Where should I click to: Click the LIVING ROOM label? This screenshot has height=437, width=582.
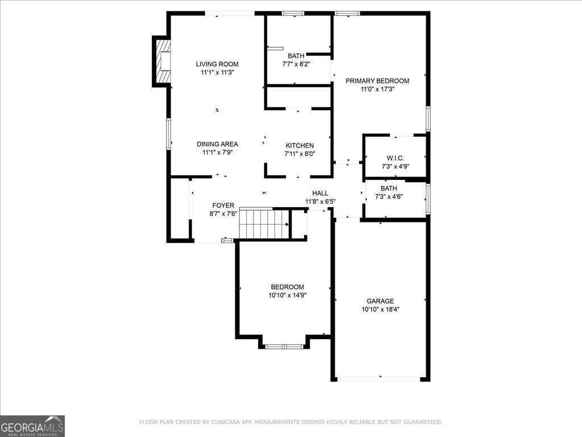coord(217,64)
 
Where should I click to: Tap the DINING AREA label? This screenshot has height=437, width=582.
coord(217,144)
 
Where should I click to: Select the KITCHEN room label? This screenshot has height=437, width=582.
coord(300,146)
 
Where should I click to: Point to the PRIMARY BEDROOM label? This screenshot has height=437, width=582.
coord(377,81)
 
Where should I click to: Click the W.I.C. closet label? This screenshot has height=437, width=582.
coord(395,158)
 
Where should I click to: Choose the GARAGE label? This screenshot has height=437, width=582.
coord(380,301)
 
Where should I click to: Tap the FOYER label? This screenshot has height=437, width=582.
coord(223,205)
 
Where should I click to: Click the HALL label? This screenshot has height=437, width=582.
coord(320,193)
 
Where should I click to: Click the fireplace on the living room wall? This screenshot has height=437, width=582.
coord(163,61)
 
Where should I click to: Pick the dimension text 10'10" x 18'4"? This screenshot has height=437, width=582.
coord(380,310)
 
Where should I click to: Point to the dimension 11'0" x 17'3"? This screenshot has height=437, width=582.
coord(377,89)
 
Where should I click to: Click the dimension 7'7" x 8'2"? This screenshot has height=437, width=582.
coord(296,64)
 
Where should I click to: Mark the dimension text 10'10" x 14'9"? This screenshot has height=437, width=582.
coord(287,295)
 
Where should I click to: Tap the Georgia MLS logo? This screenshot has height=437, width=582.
coord(32,426)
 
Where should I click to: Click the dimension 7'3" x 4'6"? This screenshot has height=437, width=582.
coord(389,197)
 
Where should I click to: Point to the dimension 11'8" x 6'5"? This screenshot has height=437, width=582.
coord(321,201)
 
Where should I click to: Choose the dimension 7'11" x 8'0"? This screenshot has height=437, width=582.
coord(300,154)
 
